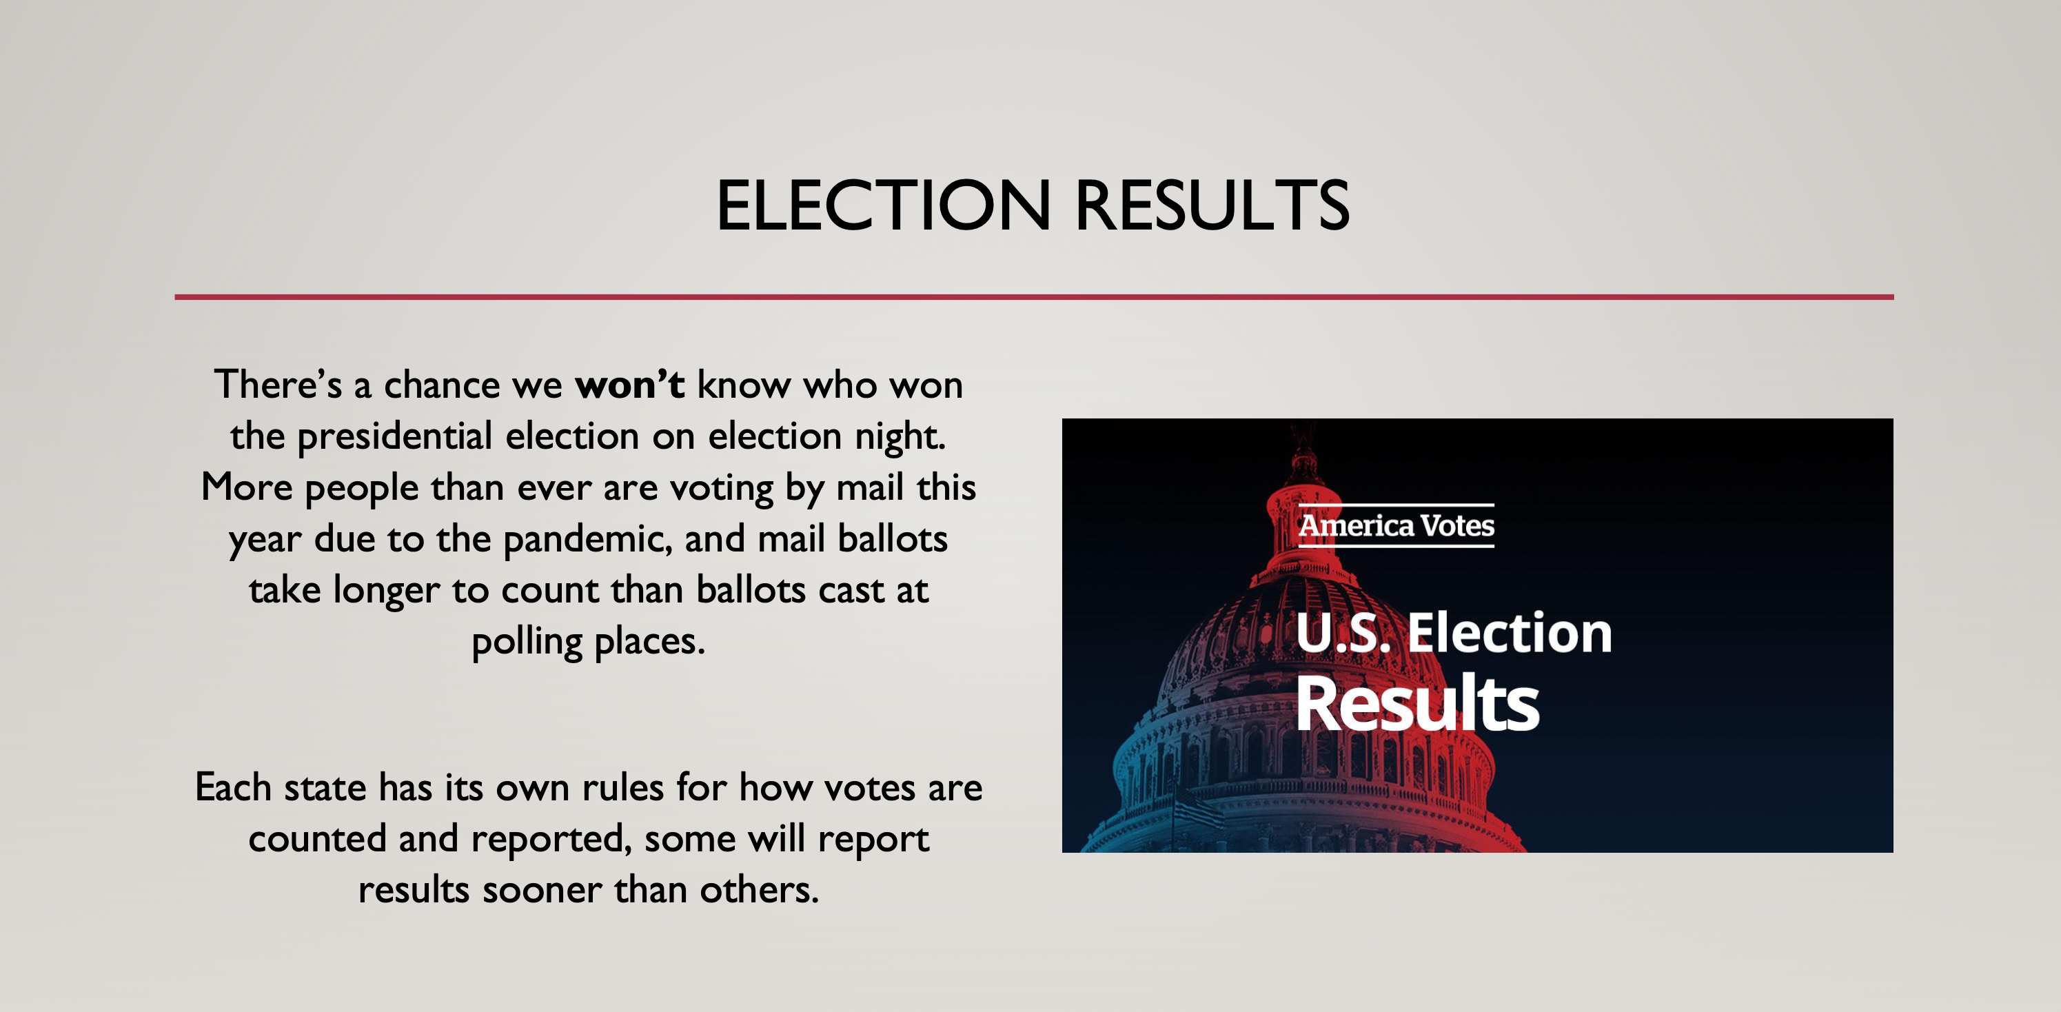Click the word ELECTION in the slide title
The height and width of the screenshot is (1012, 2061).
tap(882, 205)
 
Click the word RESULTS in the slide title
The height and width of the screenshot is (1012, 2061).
tap(1212, 205)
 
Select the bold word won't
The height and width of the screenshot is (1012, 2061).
tap(629, 384)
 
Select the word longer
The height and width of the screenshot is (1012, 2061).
tap(385, 590)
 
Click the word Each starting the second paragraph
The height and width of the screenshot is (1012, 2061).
tap(234, 787)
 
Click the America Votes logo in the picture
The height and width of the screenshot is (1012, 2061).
tap(1396, 525)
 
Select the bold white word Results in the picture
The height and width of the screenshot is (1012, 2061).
tap(1417, 703)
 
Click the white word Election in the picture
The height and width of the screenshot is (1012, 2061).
tap(1509, 633)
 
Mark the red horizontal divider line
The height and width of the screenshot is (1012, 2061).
tap(1034, 297)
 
